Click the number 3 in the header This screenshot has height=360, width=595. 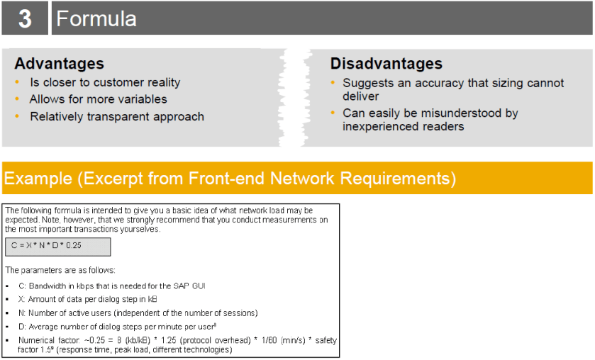pos(25,18)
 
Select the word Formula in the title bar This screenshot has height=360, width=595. pos(96,18)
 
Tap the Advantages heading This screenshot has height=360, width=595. pos(59,63)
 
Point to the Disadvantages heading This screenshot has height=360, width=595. pos(387,63)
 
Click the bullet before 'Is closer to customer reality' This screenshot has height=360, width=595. pos(17,82)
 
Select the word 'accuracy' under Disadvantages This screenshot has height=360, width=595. pos(440,83)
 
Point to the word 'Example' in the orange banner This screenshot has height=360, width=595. pos(38,178)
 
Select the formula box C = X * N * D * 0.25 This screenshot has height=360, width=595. pos(58,247)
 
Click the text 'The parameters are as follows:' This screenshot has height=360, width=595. pos(60,270)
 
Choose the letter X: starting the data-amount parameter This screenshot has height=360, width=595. pos(21,299)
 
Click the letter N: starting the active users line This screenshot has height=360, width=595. pos(21,313)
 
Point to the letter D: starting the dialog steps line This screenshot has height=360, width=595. pos(22,327)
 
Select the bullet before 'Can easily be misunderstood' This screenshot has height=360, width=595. pos(333,112)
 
